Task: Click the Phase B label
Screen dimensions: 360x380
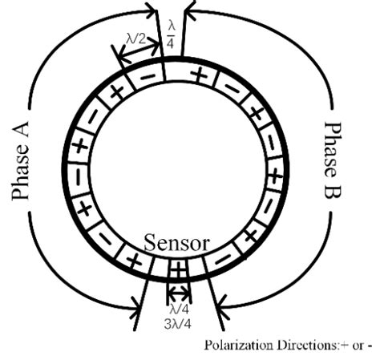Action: click(335, 161)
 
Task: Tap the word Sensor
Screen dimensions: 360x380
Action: click(177, 243)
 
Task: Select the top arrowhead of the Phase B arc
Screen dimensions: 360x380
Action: click(191, 11)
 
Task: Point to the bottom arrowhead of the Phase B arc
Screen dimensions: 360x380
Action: click(223, 304)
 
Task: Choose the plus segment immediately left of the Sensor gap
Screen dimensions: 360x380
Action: click(135, 261)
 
